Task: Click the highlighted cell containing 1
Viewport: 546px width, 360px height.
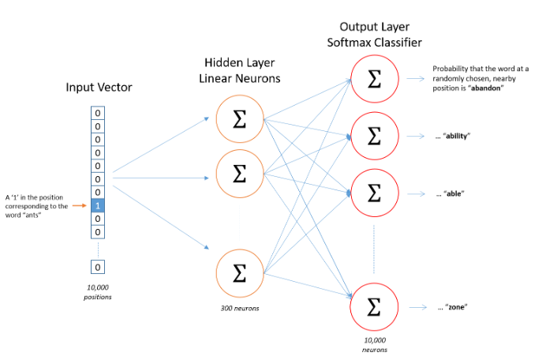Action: (x=98, y=205)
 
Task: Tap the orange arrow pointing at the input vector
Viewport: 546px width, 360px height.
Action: (x=80, y=205)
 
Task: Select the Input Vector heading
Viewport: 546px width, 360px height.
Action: (x=99, y=87)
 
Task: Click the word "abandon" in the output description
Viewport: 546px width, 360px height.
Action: (x=485, y=88)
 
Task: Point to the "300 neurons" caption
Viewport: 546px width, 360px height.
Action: (x=240, y=309)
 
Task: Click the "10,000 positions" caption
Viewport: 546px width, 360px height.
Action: (x=98, y=292)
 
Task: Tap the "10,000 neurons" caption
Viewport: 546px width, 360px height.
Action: (x=375, y=345)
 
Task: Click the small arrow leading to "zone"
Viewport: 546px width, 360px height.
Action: (x=418, y=307)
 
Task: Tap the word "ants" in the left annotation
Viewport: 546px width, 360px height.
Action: (x=33, y=215)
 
